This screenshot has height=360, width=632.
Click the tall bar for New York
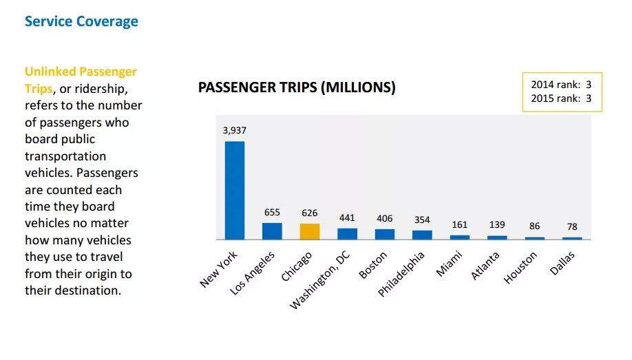click(x=235, y=190)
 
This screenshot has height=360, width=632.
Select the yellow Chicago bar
click(x=310, y=231)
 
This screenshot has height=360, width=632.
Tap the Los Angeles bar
click(x=272, y=231)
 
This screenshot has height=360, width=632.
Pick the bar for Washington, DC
click(x=347, y=233)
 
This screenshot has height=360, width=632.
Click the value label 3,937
click(x=235, y=130)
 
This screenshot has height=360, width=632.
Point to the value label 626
click(x=310, y=213)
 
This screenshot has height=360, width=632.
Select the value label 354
click(x=422, y=220)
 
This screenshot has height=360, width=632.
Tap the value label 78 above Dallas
click(x=572, y=227)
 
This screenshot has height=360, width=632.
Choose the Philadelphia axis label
click(x=401, y=274)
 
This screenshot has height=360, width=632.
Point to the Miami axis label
click(x=449, y=264)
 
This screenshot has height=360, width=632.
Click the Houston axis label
click(x=521, y=267)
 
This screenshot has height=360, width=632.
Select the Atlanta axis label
click(x=485, y=266)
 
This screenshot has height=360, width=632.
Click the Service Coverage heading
click(x=81, y=21)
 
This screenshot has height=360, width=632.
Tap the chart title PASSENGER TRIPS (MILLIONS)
click(x=297, y=88)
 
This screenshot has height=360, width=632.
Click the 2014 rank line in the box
click(x=561, y=85)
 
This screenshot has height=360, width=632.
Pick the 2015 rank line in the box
click(x=561, y=98)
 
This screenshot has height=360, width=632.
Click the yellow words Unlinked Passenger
click(x=81, y=72)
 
